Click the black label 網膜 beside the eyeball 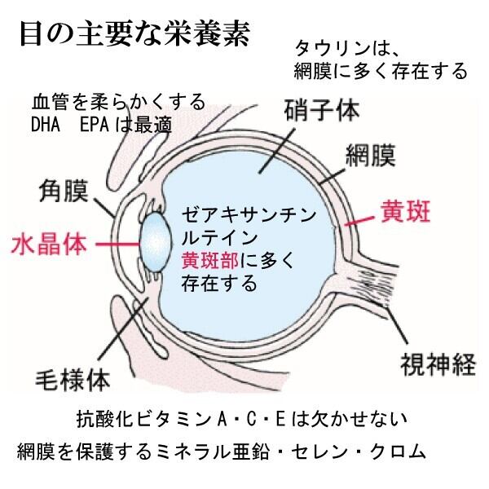click(372, 152)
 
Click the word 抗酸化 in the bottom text click(99, 421)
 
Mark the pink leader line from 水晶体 click(114, 242)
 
